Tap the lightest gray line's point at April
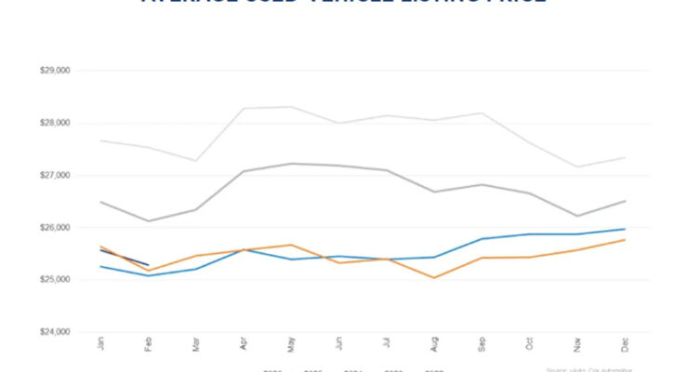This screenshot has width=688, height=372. point(244,108)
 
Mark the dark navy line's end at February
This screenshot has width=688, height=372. point(148,265)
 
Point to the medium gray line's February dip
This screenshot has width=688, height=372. point(148,220)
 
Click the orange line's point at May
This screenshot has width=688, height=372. point(292,245)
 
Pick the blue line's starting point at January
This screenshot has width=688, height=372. point(99,267)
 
